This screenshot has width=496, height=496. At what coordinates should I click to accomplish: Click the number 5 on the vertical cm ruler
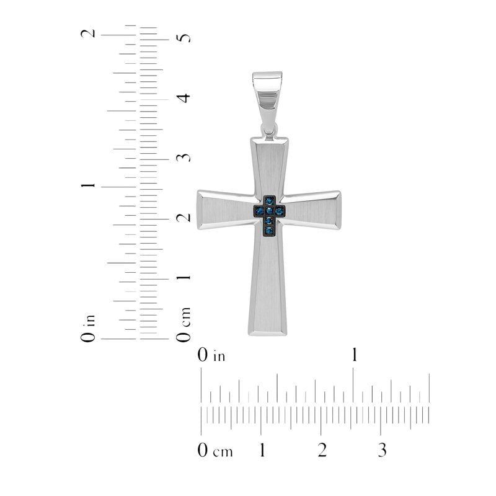(184, 38)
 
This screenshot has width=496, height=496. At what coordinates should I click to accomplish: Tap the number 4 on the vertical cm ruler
(184, 98)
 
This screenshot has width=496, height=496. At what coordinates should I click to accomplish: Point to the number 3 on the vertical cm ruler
(184, 157)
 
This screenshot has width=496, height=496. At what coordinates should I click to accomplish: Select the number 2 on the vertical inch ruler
(88, 33)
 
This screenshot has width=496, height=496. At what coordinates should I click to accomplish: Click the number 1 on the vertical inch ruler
(88, 185)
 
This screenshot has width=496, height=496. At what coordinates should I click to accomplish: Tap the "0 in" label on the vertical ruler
(88, 329)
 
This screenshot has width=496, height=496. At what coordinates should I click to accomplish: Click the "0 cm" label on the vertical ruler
(184, 324)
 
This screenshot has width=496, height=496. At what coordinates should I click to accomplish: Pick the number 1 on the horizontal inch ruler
(355, 355)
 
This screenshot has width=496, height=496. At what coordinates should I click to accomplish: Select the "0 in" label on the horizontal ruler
(211, 355)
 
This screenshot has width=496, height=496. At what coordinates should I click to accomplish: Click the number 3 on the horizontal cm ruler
(382, 450)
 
